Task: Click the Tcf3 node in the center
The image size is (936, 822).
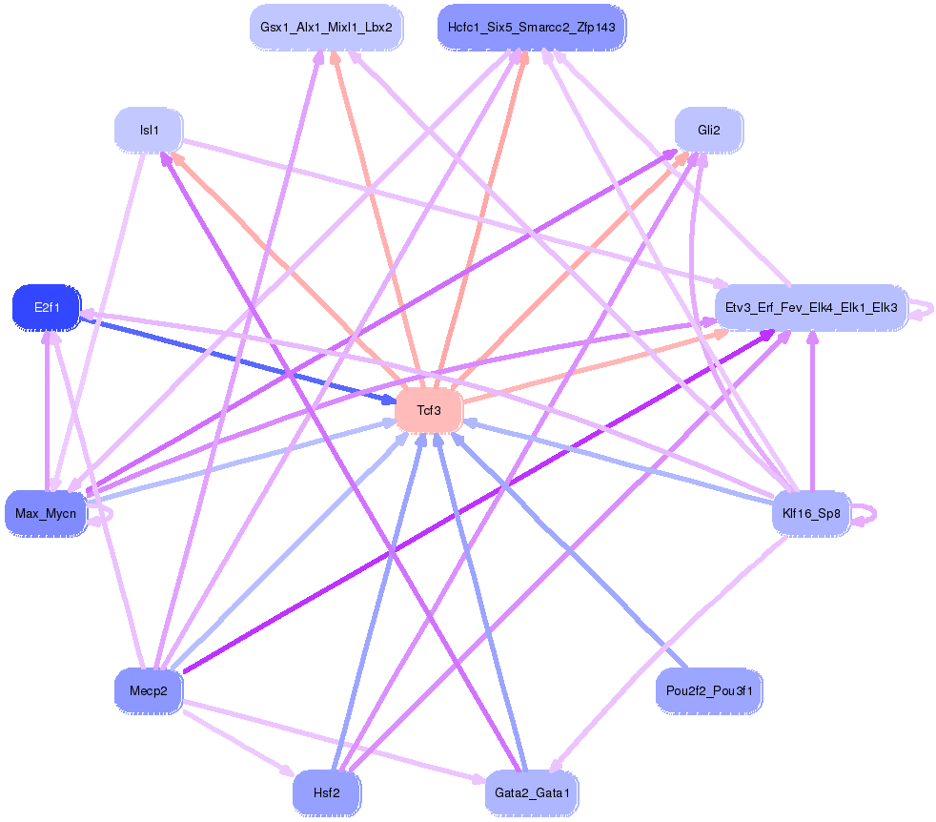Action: tap(429, 411)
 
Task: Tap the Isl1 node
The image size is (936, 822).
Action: tap(149, 130)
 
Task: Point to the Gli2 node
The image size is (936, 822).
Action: tap(708, 130)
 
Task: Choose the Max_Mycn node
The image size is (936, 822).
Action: tap(46, 514)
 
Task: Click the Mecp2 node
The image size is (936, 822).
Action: tap(148, 690)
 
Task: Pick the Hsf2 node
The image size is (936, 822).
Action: tap(326, 792)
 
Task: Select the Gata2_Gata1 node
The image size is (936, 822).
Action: tap(531, 792)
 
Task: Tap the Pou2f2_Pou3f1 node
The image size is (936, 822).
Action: tap(709, 690)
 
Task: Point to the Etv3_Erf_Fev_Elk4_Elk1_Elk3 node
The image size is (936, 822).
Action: tap(811, 308)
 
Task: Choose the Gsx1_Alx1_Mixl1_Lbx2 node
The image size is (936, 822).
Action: tap(326, 28)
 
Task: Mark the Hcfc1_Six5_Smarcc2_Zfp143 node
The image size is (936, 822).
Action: tap(531, 28)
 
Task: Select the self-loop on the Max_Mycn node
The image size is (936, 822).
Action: tap(108, 514)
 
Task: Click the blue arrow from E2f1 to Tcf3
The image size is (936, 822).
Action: tap(238, 360)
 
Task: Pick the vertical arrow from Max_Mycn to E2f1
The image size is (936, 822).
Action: tap(47, 410)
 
